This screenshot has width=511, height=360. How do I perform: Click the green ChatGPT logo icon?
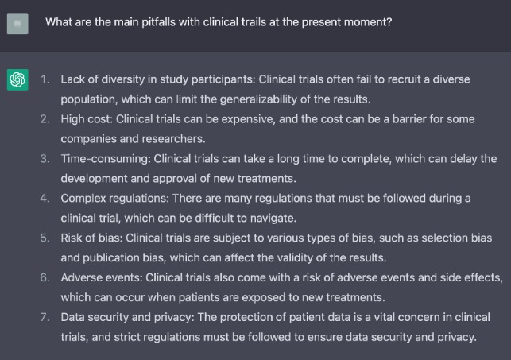[17, 80]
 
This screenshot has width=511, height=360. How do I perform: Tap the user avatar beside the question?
[17, 23]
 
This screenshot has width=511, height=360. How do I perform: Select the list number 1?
[45, 80]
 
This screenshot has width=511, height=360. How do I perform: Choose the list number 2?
[45, 118]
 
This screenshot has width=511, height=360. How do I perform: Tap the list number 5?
[45, 238]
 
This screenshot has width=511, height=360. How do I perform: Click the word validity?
[296, 257]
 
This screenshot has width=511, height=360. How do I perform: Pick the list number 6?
[45, 277]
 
